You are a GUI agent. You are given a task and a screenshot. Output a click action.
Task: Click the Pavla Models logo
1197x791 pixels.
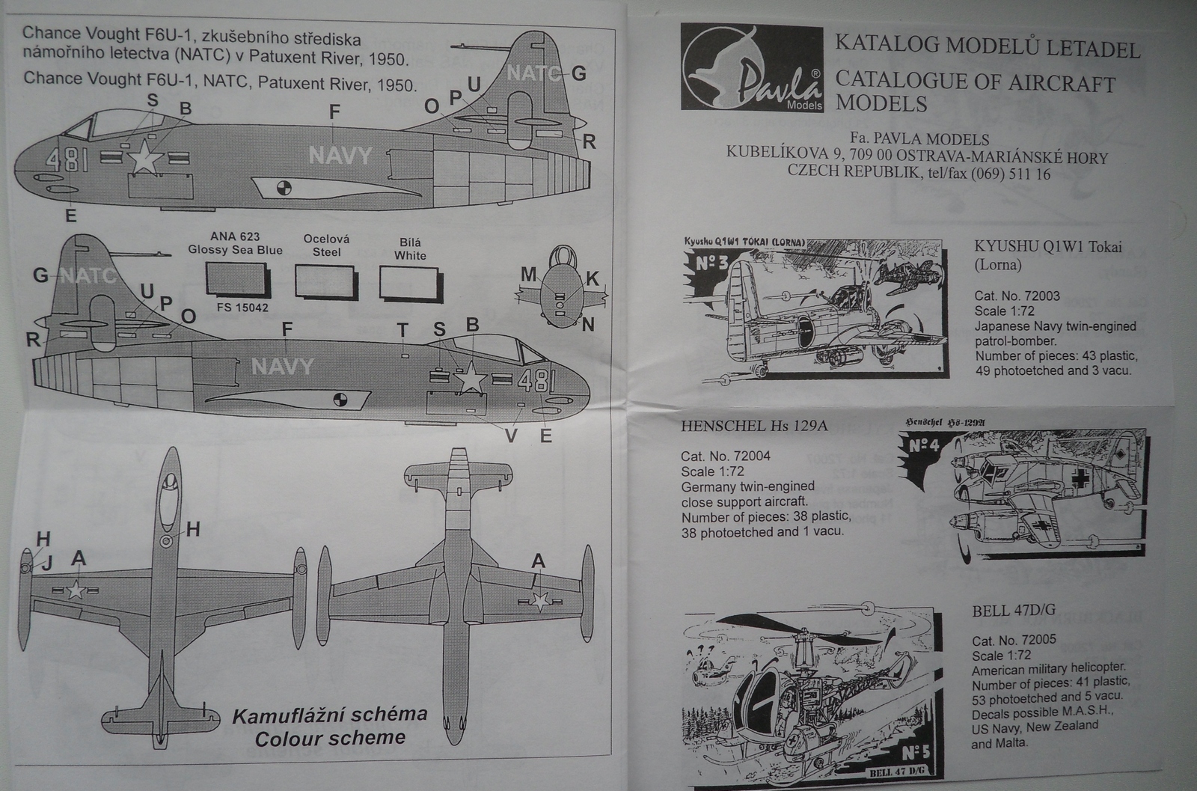[x=752, y=68]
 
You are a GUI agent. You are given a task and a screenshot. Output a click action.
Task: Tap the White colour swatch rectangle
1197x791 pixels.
[x=410, y=284]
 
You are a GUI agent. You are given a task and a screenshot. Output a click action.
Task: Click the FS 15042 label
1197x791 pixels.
[x=235, y=307]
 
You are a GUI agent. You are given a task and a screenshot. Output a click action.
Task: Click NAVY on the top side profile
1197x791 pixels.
[x=340, y=155]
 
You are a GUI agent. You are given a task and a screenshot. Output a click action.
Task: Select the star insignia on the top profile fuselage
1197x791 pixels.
[x=145, y=158]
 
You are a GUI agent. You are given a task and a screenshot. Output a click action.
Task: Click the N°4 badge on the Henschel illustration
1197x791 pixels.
[x=925, y=447]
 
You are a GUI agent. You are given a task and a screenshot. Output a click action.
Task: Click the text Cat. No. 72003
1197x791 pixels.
[x=1017, y=296]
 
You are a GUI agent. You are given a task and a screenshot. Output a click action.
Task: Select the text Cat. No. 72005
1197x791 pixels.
[x=1014, y=641]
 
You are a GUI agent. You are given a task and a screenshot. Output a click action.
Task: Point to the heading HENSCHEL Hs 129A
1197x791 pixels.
[x=754, y=427]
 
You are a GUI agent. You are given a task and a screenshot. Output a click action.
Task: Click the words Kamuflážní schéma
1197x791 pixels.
[x=330, y=715]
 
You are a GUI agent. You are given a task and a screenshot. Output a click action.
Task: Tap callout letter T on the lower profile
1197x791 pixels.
[x=402, y=331]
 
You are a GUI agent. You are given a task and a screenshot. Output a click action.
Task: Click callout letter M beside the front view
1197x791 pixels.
[x=529, y=275]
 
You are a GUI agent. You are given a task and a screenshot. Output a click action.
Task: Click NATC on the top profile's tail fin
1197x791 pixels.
[x=533, y=73]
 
